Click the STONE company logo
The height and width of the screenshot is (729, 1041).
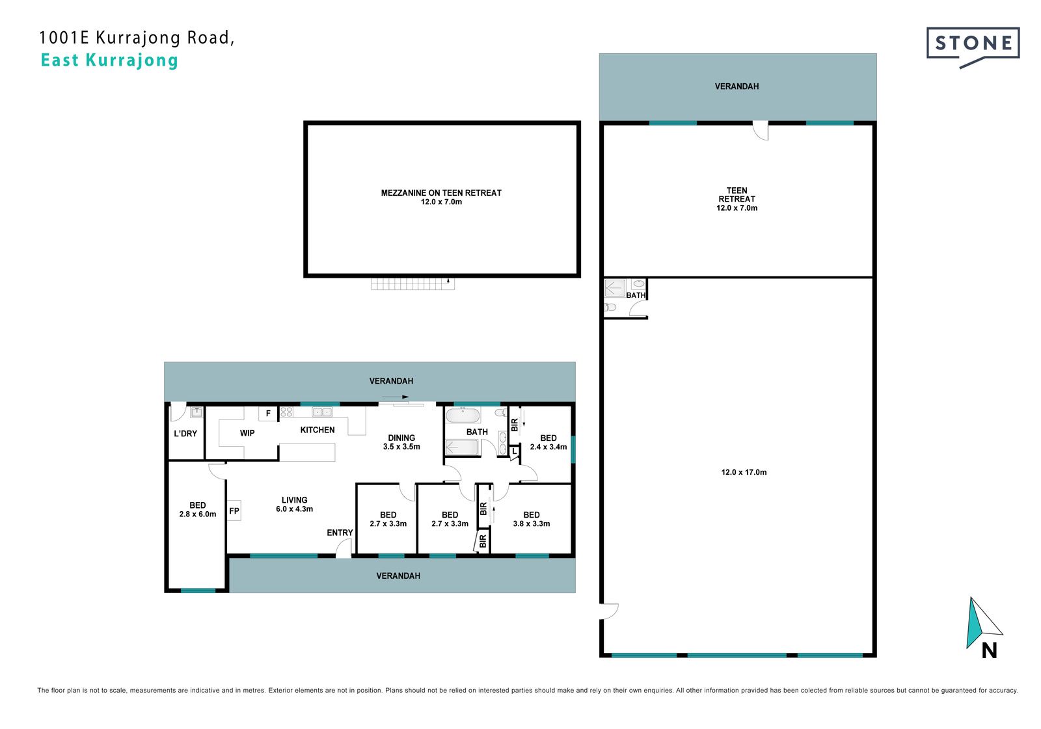pos(973,47)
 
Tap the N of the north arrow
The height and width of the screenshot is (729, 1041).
pos(990,650)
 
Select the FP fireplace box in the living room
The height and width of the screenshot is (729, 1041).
pos(234,511)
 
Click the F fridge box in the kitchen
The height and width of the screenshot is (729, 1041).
pos(268,414)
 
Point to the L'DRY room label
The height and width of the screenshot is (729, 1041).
pos(185,434)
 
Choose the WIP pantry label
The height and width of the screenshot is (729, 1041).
pos(247,433)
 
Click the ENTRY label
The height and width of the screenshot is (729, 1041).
pos(340,533)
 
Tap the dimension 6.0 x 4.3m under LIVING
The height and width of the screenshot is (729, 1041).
pos(294,509)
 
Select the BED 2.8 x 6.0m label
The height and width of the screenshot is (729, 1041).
pos(198,510)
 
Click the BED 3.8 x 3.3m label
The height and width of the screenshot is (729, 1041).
pos(531,519)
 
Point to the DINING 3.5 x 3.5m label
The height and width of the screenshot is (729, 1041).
pos(401,442)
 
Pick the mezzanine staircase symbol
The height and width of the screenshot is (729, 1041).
pos(412,284)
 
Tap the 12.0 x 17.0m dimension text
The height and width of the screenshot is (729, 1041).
pos(744,472)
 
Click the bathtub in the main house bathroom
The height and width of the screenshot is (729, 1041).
pos(463,415)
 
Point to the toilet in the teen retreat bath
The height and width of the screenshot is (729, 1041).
pos(610,307)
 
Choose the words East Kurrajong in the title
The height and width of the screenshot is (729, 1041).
pos(110,60)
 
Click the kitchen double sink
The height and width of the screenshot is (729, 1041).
pos(322,412)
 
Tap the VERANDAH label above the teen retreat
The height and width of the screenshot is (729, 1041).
pos(737,86)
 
